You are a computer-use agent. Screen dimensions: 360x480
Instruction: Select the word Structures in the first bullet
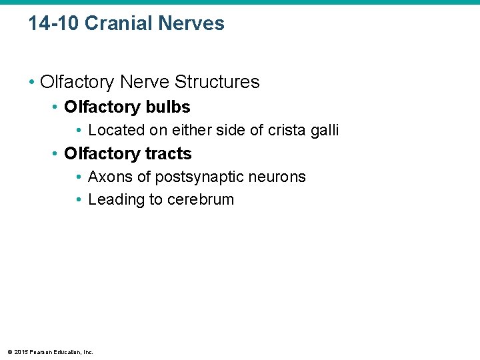tap(218, 82)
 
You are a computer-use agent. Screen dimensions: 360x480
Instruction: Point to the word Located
tap(115, 130)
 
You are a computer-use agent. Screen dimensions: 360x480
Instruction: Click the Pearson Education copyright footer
tap(50, 351)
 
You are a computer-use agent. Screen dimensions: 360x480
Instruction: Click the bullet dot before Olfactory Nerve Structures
tap(33, 83)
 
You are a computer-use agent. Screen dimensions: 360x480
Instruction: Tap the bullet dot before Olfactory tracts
tap(57, 155)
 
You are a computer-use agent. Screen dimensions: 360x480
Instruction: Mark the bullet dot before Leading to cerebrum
tap(79, 200)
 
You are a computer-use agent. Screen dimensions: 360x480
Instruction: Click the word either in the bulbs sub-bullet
tap(175, 130)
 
